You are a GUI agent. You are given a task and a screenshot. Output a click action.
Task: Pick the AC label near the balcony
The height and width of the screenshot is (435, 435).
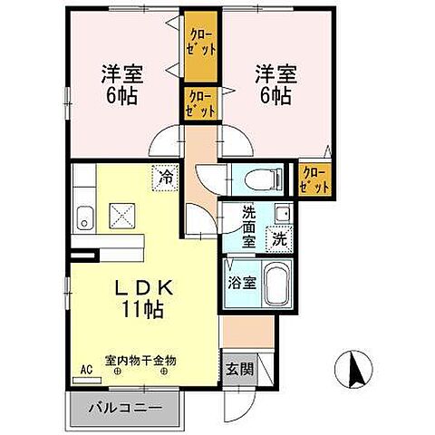tap(87, 370)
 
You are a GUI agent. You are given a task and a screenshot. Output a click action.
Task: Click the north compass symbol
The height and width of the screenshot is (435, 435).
tap(354, 369)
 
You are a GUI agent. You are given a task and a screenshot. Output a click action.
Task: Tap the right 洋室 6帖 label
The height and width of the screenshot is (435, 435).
tap(274, 82)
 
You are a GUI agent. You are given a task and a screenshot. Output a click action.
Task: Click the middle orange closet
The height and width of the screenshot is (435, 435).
tap(200, 103)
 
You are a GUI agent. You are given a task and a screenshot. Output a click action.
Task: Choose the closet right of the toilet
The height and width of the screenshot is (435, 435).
tap(314, 178)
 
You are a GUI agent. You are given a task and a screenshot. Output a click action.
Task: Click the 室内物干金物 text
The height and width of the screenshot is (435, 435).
tap(140, 360)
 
